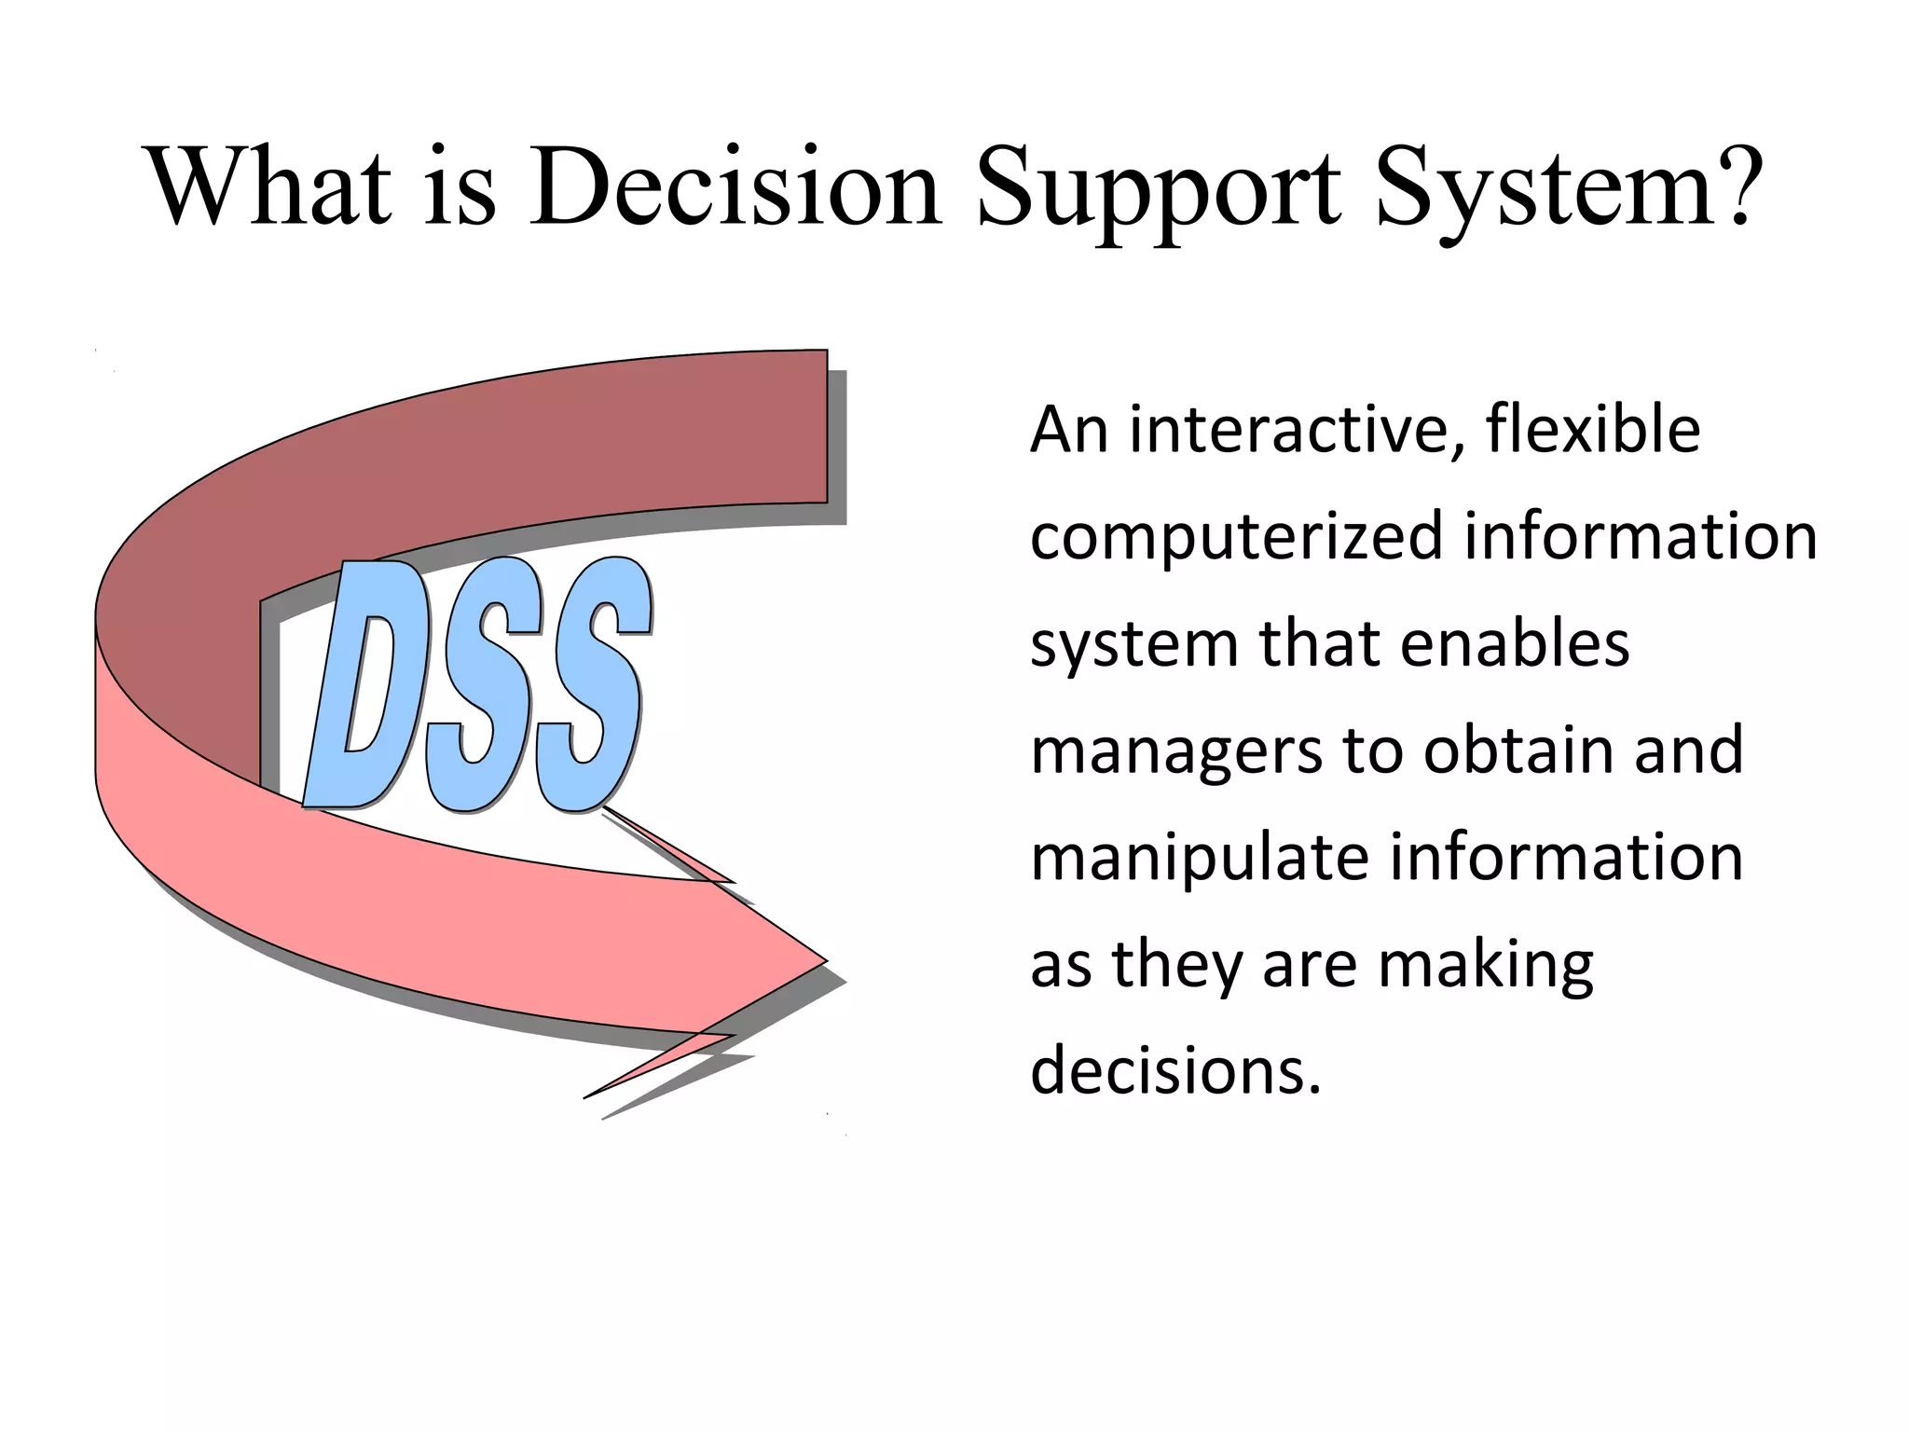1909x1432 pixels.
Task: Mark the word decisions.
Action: click(x=1174, y=1071)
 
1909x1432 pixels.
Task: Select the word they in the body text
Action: click(x=1175, y=966)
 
